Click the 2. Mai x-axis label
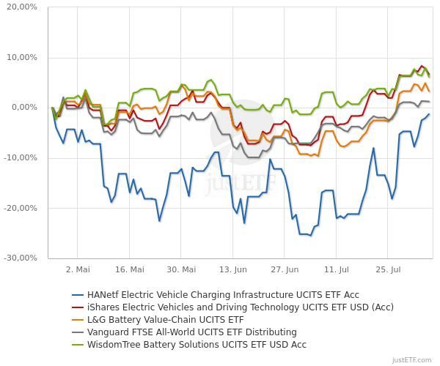tap(78, 269)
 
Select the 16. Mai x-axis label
tap(129, 269)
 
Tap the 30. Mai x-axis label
tap(181, 269)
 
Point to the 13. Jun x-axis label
tap(233, 269)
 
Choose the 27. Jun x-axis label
tap(285, 269)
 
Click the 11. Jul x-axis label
tap(337, 269)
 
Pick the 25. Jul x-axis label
tap(388, 269)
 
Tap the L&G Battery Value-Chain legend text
tap(164, 319)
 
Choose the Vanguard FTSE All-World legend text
tap(191, 332)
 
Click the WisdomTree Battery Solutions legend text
tap(196, 344)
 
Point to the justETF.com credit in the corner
tap(413, 360)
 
